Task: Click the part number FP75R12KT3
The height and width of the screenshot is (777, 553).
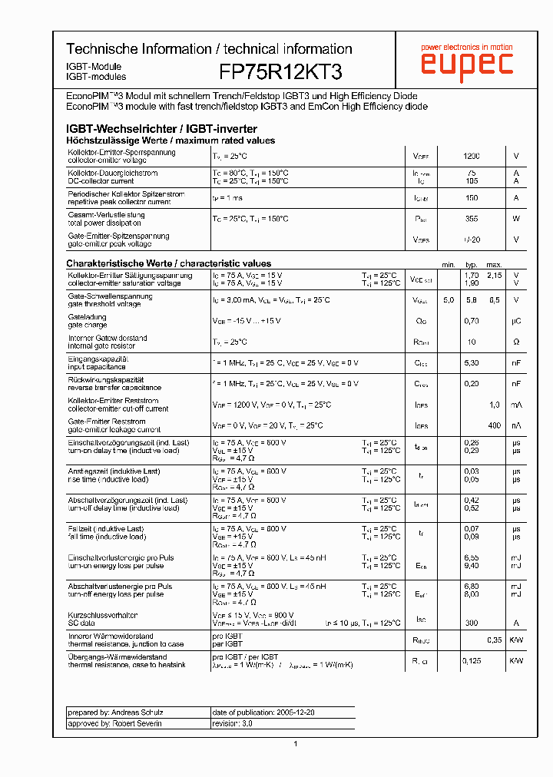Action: click(280, 72)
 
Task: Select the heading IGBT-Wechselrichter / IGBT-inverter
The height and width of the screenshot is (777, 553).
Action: click(162, 129)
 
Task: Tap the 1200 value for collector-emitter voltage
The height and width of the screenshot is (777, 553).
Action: click(472, 157)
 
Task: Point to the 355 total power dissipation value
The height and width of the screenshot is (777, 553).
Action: click(472, 219)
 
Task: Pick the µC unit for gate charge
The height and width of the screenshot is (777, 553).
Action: click(516, 321)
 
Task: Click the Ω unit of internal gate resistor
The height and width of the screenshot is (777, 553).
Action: click(516, 342)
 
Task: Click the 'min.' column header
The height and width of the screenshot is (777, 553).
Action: click(449, 265)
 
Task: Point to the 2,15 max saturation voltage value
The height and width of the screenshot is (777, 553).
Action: click(494, 275)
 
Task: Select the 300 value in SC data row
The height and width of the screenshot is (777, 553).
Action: click(472, 623)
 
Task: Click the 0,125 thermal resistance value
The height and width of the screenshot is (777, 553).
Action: click(472, 660)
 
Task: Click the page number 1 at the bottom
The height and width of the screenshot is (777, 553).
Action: click(295, 744)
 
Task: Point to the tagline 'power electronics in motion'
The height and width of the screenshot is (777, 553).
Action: click(466, 47)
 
